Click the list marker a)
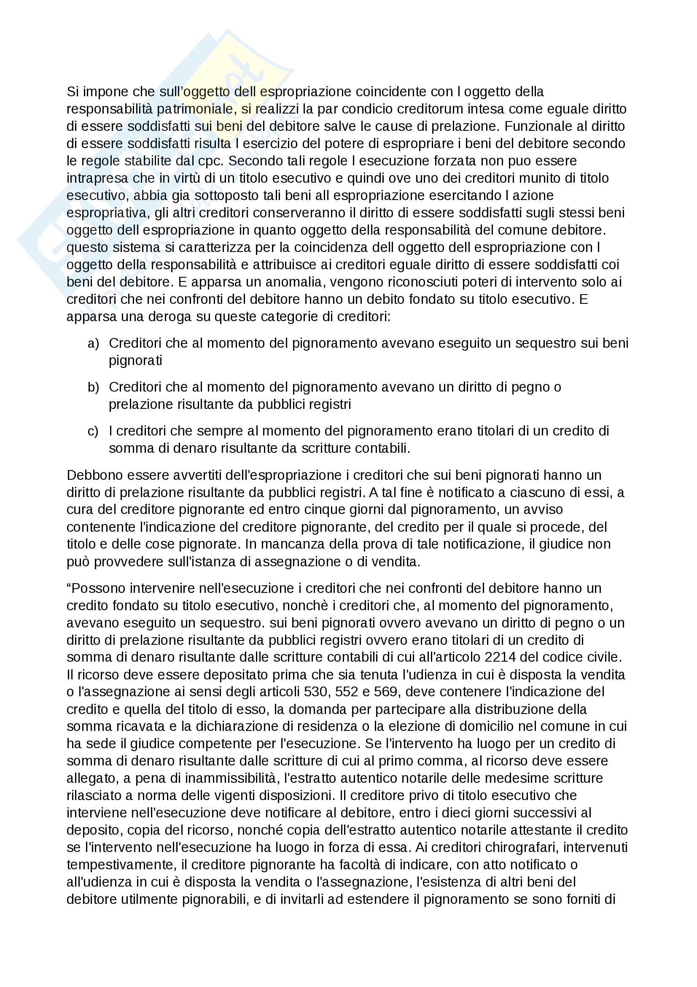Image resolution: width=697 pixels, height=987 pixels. (x=93, y=343)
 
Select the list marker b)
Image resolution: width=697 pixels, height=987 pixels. (x=93, y=387)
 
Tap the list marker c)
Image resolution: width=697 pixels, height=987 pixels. (x=93, y=431)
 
